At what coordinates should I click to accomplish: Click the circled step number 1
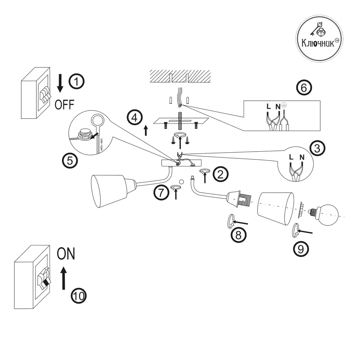pos(76,81)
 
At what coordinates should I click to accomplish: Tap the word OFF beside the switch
pos(64,105)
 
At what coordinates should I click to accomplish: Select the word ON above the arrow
pos(66,254)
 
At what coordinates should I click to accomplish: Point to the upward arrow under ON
pos(64,278)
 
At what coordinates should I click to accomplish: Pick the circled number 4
pos(134,118)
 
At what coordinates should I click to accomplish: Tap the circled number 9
pos(301,248)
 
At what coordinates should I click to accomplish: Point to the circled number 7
pos(161,193)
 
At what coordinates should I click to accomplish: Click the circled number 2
pos(220,174)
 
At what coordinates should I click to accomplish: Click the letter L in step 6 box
pos(269,107)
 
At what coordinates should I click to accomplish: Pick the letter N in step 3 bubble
pos(302,157)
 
